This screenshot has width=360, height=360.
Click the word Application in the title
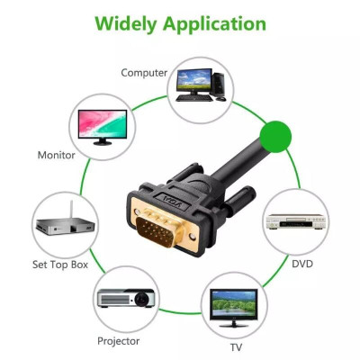click(212, 24)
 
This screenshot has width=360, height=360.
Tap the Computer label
click(145, 72)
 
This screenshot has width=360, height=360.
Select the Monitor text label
click(56, 155)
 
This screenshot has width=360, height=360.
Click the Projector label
click(118, 341)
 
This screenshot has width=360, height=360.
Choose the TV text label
click(236, 346)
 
